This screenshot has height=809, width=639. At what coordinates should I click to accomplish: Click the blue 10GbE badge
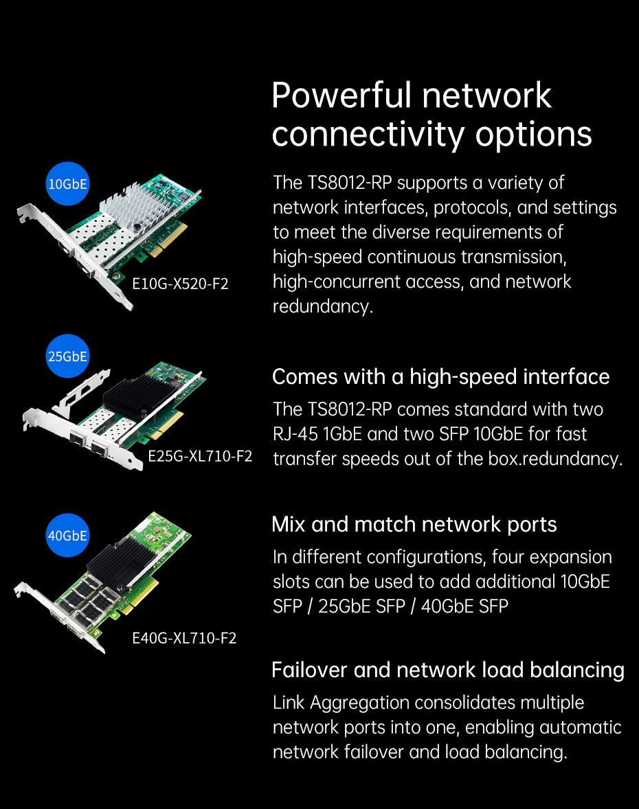67,184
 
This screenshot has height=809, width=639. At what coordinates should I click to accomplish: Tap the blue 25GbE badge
67,356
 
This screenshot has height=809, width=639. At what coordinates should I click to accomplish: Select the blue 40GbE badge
67,536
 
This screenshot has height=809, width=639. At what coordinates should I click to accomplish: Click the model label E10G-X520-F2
180,284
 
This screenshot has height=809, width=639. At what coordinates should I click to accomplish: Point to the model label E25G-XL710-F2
200,456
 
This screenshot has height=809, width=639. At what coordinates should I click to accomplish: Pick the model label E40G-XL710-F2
184,638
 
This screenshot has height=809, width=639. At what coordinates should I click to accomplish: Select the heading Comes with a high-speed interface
441,377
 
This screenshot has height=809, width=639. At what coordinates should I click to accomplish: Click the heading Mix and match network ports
414,525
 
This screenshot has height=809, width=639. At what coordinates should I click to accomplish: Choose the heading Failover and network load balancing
448,670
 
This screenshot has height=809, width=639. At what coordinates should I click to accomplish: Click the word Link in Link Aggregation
289,703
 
